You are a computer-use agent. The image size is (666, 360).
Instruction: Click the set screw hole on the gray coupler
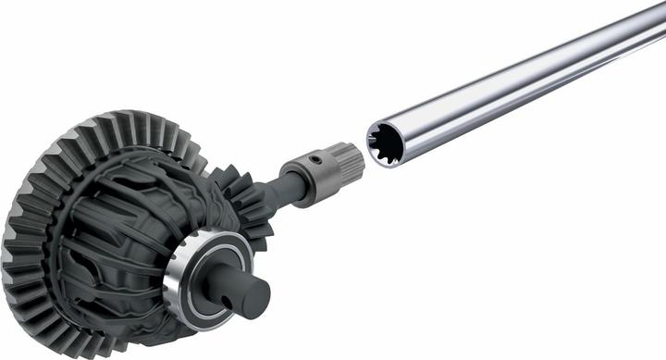click(315, 161)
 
